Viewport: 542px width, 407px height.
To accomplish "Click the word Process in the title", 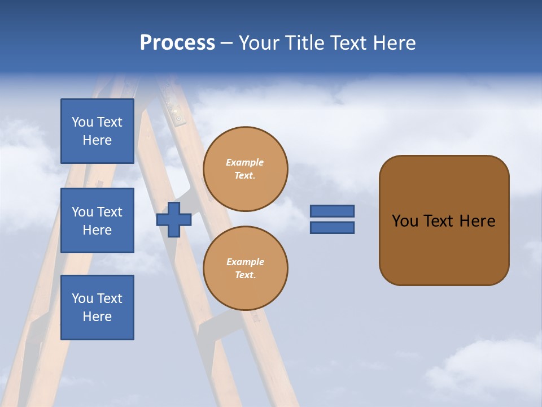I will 177,43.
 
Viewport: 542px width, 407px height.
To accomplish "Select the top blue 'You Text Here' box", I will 97,131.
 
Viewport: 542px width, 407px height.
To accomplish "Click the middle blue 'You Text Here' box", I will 97,220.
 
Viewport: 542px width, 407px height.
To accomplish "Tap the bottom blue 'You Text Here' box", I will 97,308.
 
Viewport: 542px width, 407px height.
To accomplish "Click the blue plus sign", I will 174,219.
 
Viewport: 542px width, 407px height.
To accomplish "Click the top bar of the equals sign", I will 332,211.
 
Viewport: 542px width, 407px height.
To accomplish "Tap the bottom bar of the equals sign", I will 332,227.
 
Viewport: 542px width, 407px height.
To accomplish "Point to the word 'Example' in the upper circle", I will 245,162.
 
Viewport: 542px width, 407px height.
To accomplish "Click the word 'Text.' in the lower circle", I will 245,275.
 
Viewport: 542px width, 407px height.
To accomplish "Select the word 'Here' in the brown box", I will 477,221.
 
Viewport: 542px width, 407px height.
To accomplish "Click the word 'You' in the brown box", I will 405,221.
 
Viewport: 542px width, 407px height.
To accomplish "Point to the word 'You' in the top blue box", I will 82,122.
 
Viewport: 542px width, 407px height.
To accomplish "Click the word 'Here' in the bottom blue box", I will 97,317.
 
